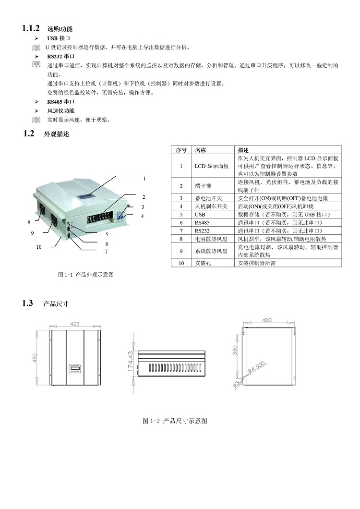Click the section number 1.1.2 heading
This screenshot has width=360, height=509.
(32, 29)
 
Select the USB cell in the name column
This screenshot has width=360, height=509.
(200, 214)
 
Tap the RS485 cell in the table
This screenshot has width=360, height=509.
(202, 222)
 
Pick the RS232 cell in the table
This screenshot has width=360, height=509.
(202, 230)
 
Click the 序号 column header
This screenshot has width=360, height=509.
(181, 150)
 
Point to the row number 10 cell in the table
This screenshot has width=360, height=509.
(181, 263)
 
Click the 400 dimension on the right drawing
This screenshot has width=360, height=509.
(266, 320)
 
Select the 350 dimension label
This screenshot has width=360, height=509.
(235, 350)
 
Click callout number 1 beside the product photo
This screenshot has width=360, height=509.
(144, 178)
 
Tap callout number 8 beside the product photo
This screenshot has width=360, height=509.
(29, 223)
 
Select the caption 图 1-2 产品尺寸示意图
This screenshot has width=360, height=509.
(175, 421)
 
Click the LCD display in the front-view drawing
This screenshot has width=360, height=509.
(74, 369)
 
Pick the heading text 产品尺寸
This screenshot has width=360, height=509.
(56, 304)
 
